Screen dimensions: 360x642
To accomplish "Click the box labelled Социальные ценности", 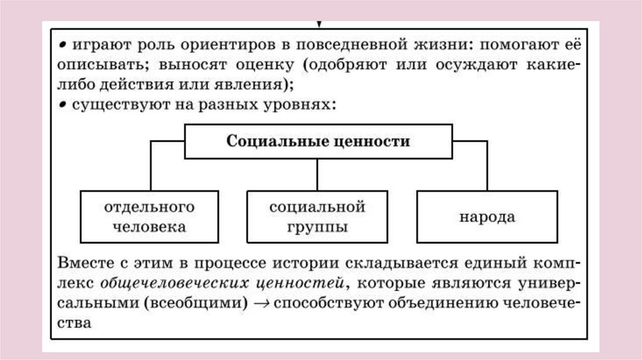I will (318, 141).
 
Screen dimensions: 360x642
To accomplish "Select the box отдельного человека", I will (149, 217).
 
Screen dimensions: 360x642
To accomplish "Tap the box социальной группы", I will (317, 217).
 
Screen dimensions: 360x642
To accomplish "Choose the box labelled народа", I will (487, 218).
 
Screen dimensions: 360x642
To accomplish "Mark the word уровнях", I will (304, 105).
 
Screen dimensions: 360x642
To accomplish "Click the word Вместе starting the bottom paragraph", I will (83, 261).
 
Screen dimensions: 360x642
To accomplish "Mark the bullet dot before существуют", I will (63, 104).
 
